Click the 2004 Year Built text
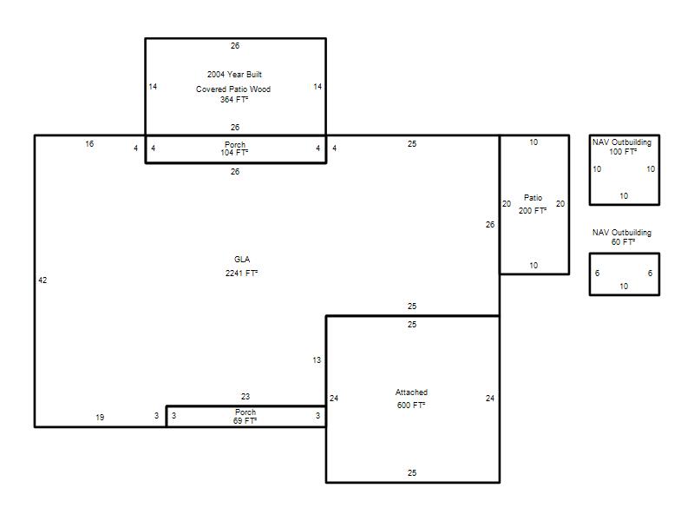[234, 75]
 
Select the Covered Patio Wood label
[233, 89]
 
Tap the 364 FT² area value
[234, 100]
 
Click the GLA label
[242, 259]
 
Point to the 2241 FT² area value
[241, 273]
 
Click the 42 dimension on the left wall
[43, 280]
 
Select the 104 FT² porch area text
[234, 153]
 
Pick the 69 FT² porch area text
[245, 420]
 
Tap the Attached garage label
[411, 392]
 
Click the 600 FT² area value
[411, 405]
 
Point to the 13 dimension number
[317, 360]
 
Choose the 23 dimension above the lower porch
[246, 397]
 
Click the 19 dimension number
[100, 418]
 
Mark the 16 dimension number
[89, 144]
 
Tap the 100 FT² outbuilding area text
[623, 151]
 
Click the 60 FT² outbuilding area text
[623, 242]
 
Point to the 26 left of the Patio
[490, 225]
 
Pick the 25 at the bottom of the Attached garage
[412, 472]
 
